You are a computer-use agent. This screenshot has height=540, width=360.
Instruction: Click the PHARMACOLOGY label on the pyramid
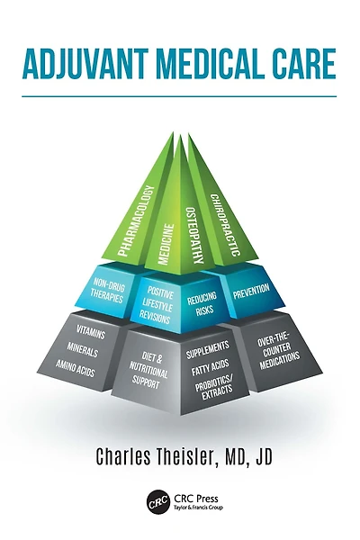(x=135, y=220)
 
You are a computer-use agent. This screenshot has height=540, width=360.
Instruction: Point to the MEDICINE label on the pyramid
(x=166, y=244)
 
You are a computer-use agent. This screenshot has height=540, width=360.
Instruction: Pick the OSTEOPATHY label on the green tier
(x=194, y=235)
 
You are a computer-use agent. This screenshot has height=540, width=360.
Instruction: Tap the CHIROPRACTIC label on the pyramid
(x=225, y=225)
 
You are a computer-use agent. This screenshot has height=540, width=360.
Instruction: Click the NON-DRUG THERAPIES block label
(x=107, y=291)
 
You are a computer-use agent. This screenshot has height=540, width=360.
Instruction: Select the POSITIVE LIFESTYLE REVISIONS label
(x=156, y=305)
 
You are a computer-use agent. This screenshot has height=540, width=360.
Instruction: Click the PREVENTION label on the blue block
(x=251, y=292)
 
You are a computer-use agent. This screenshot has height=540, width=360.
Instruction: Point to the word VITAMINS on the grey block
(x=91, y=331)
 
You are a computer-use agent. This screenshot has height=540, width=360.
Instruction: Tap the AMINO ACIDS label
(x=75, y=368)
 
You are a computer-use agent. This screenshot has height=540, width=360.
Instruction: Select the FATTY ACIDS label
(x=210, y=368)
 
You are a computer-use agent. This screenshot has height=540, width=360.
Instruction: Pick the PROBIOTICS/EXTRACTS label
(x=215, y=388)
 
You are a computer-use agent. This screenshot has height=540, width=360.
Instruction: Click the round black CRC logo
(x=158, y=502)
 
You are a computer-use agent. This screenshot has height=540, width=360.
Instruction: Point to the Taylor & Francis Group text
(x=198, y=508)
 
